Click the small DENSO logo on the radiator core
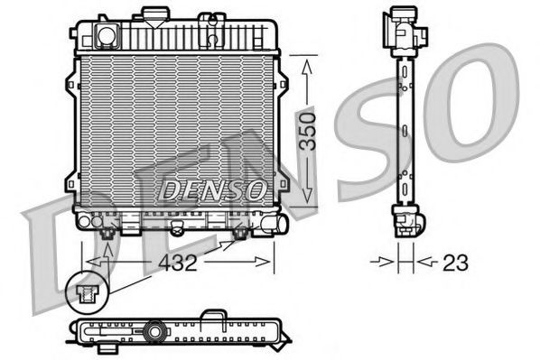(213, 189)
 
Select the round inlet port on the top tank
(107, 35)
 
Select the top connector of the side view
(404, 27)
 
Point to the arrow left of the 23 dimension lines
(385, 263)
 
